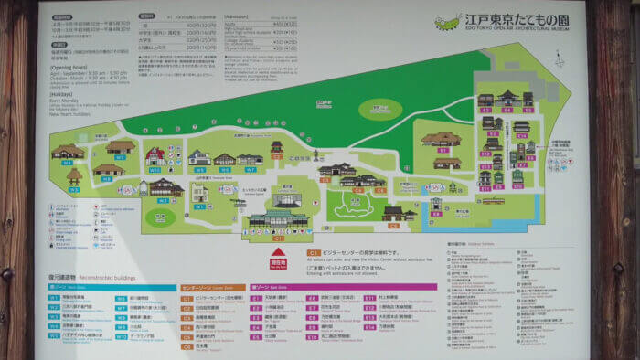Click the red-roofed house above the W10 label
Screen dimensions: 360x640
pyautogui.click(x=155, y=155)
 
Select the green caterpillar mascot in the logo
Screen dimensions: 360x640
pyautogui.click(x=451, y=22)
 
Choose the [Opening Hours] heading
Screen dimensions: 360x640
pyautogui.click(x=69, y=67)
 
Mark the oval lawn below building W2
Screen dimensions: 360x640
pyautogui.click(x=161, y=217)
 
